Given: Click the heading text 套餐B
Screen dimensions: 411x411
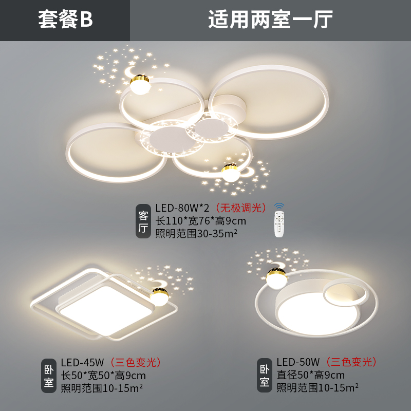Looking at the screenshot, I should tap(65, 20).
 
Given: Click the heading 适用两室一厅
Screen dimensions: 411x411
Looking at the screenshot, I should tap(270, 20).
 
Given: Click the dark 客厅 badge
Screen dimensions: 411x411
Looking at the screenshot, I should tap(143, 221).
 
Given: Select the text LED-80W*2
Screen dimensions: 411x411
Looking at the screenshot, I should tap(183, 208).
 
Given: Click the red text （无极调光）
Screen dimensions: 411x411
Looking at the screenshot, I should tap(240, 208).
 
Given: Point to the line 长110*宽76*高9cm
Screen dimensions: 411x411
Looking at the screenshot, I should tap(200, 221).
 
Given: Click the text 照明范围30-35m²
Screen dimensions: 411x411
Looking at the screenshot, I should tap(196, 234).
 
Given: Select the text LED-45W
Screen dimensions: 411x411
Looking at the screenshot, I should tap(82, 362).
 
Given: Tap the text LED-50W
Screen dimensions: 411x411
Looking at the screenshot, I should tap(298, 362).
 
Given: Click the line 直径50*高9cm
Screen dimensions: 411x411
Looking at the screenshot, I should tap(310, 375).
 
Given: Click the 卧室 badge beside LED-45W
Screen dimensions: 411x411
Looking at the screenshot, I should tap(48, 376).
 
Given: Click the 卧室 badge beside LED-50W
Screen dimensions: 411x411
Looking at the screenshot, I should tap(265, 376).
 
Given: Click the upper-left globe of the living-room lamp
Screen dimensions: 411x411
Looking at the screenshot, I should tap(139, 84).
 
